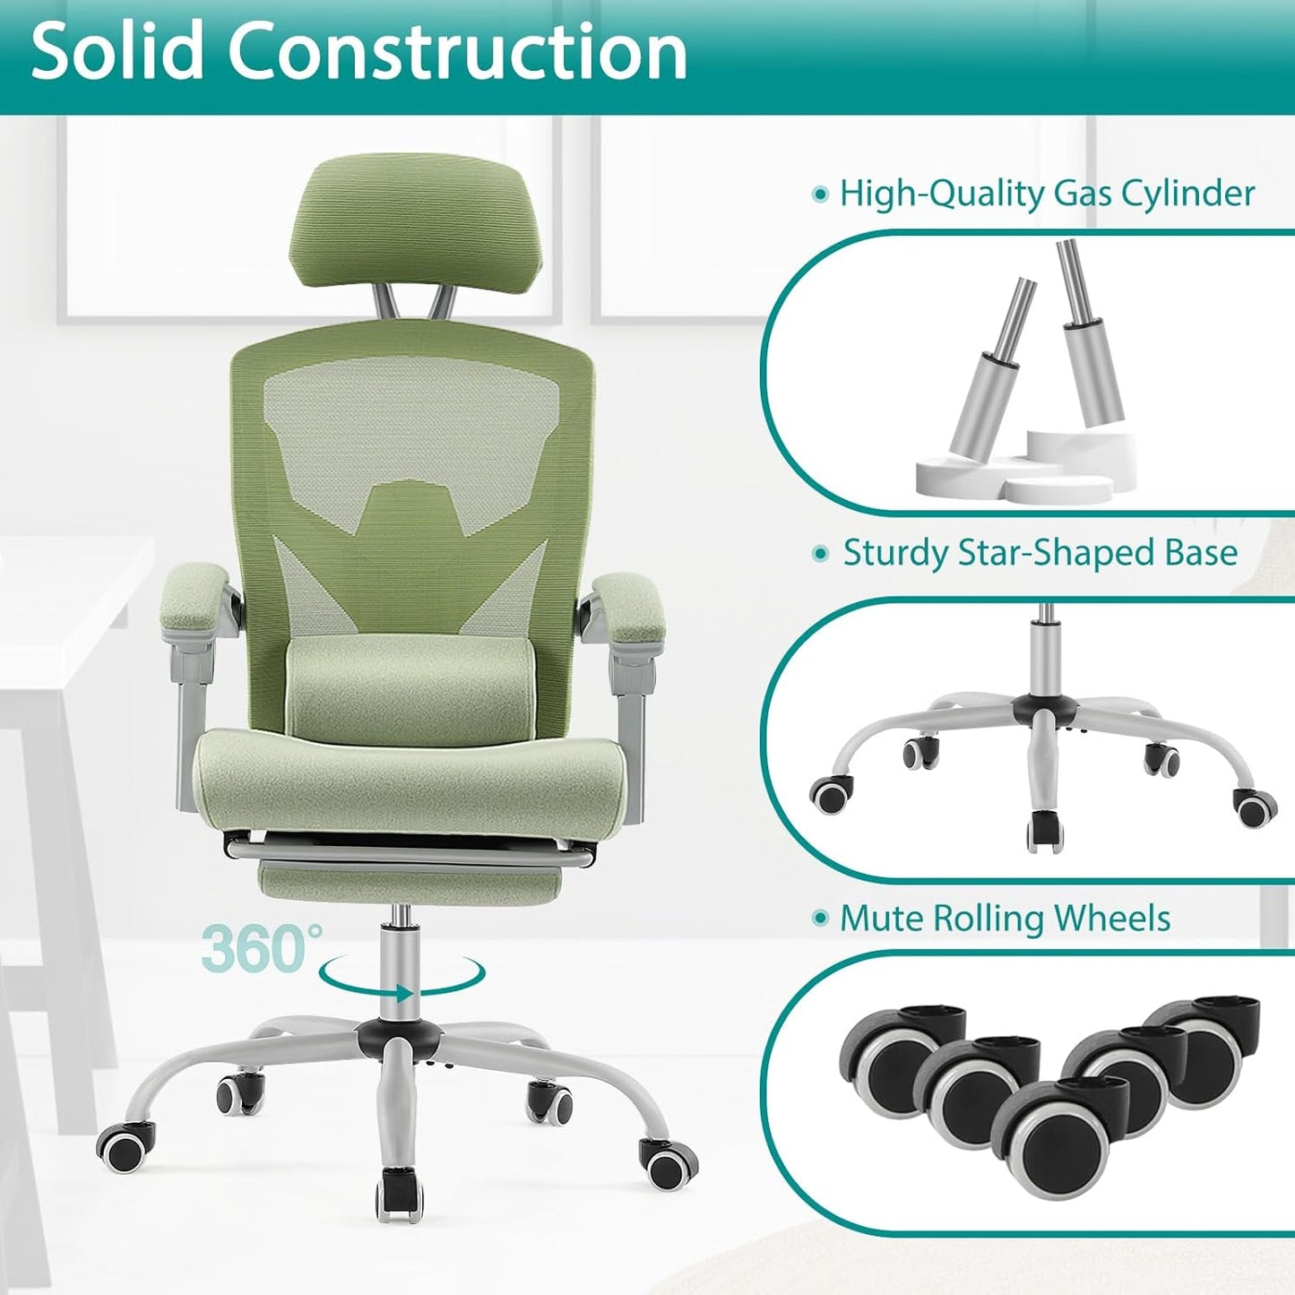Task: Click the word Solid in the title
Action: click(117, 52)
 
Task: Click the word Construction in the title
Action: click(457, 52)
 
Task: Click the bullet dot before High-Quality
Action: click(819, 194)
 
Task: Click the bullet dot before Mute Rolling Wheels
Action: click(819, 919)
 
